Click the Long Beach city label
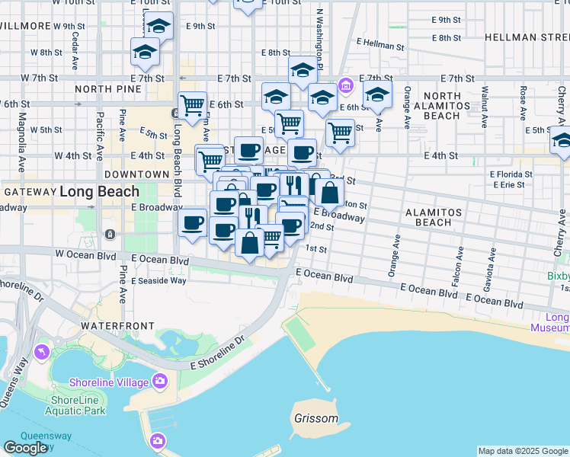(100, 192)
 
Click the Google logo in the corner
(25, 448)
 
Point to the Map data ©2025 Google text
(523, 451)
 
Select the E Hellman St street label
(379, 46)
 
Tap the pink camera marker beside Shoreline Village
(160, 380)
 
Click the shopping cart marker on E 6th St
(192, 104)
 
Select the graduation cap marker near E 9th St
(159, 26)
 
